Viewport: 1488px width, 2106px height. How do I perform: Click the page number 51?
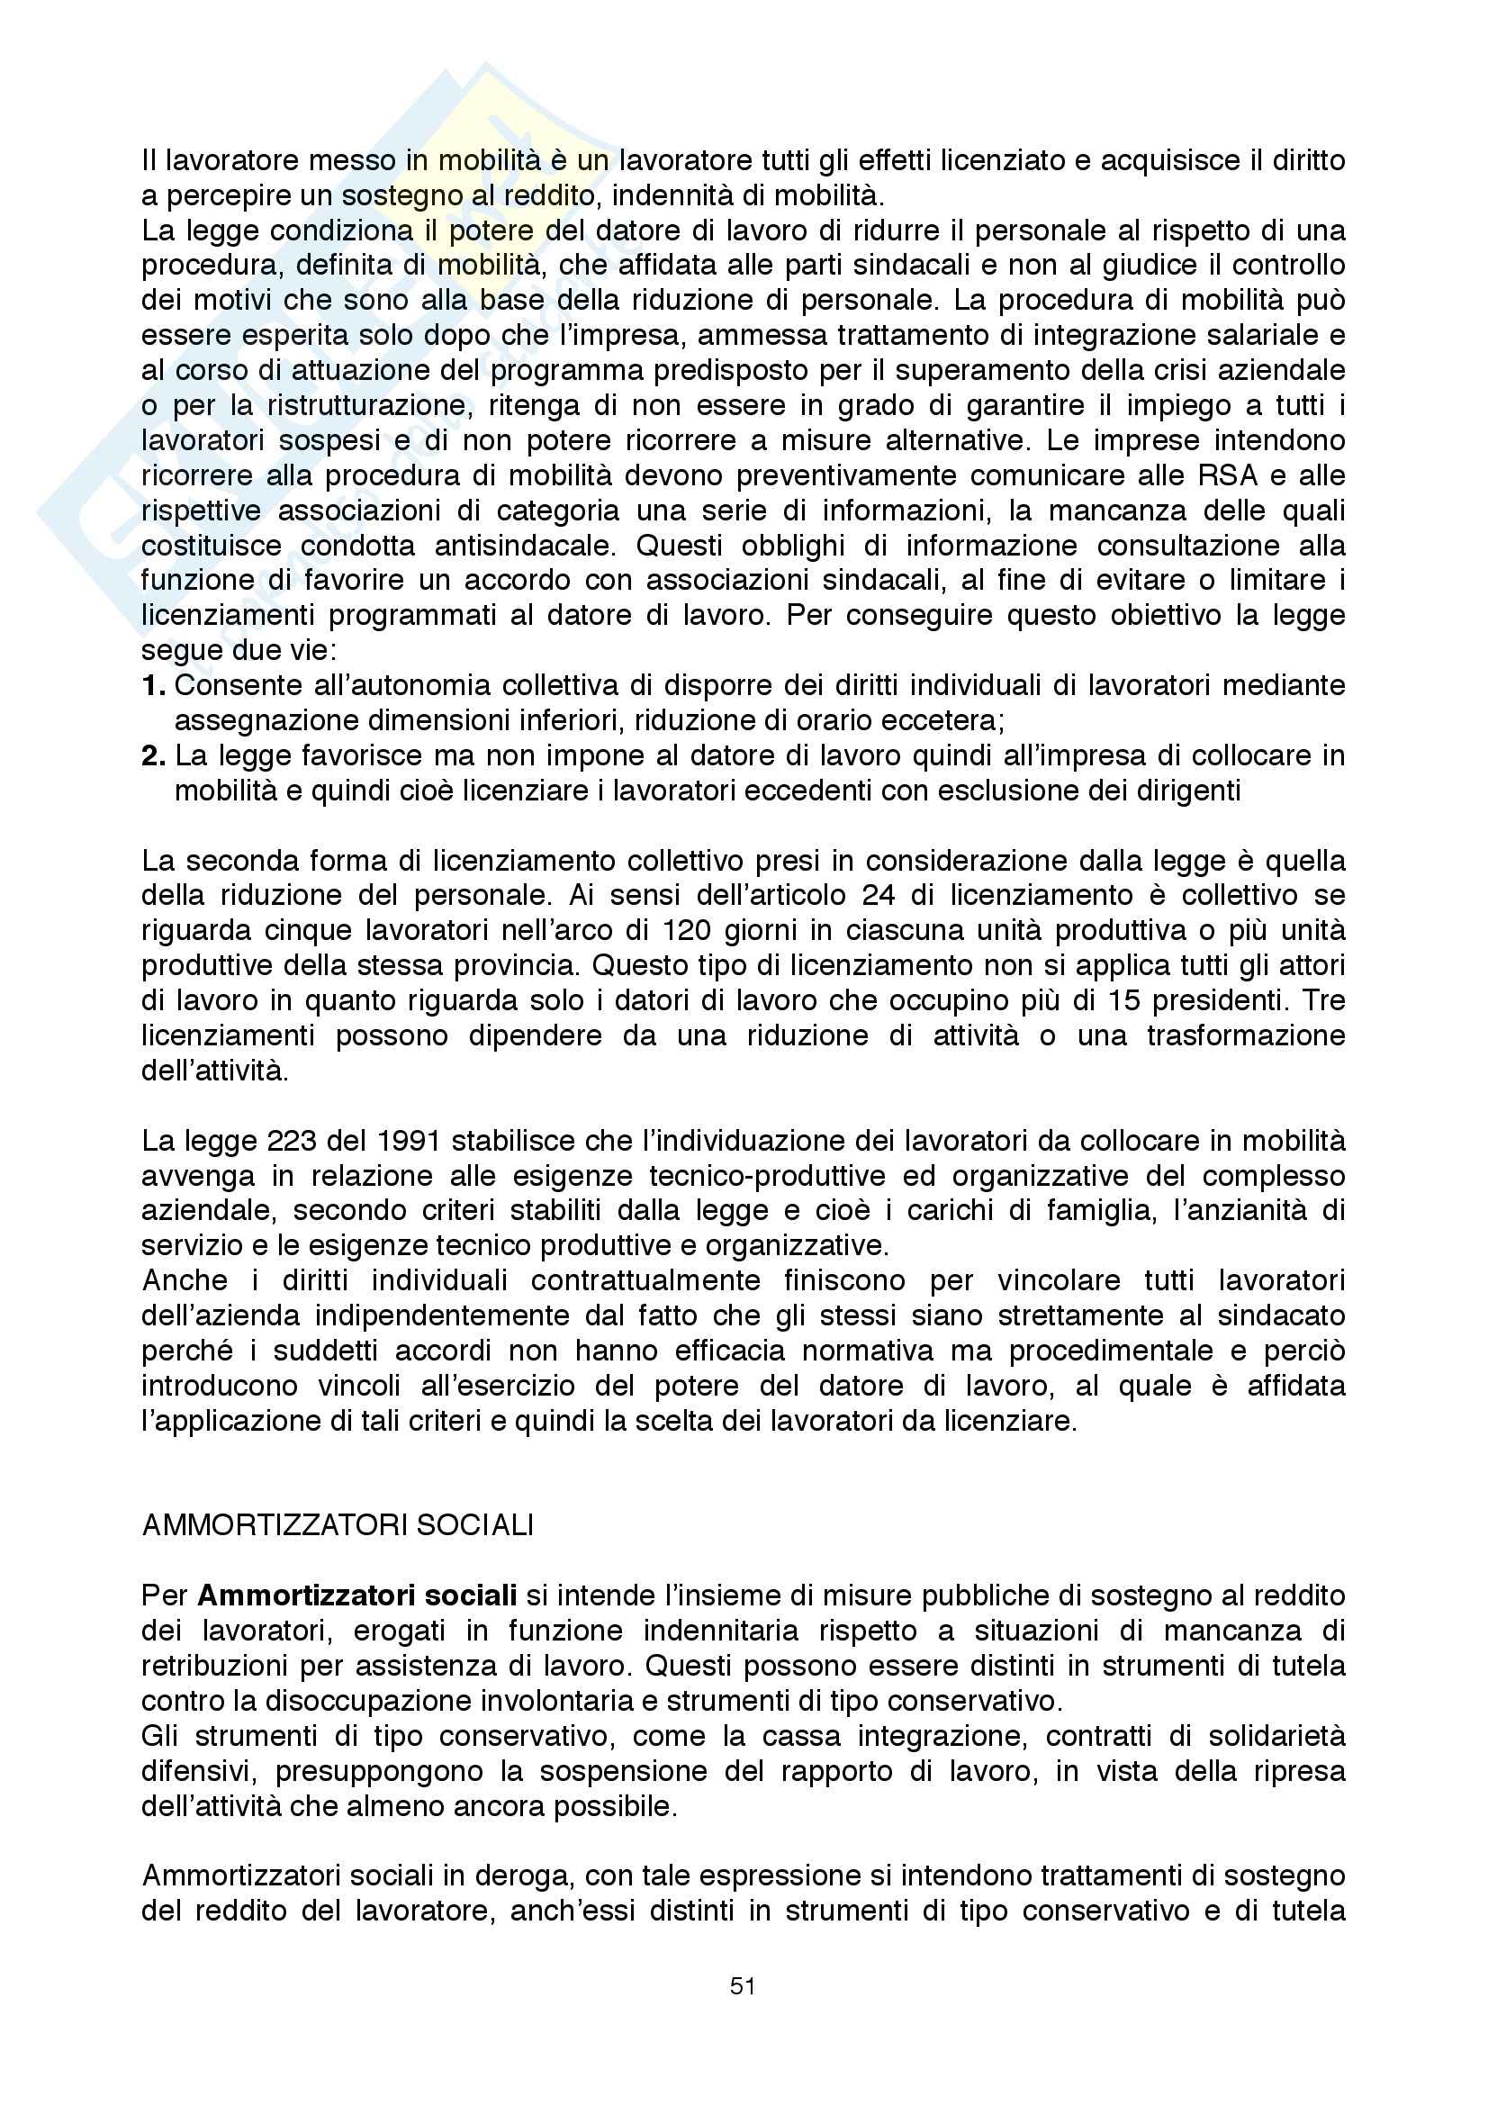pyautogui.click(x=743, y=1986)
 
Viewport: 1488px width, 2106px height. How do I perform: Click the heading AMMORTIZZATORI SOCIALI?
pyautogui.click(x=338, y=1525)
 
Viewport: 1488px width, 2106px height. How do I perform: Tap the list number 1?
pyautogui.click(x=153, y=685)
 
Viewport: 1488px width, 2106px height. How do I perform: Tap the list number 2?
pyautogui.click(x=153, y=755)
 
